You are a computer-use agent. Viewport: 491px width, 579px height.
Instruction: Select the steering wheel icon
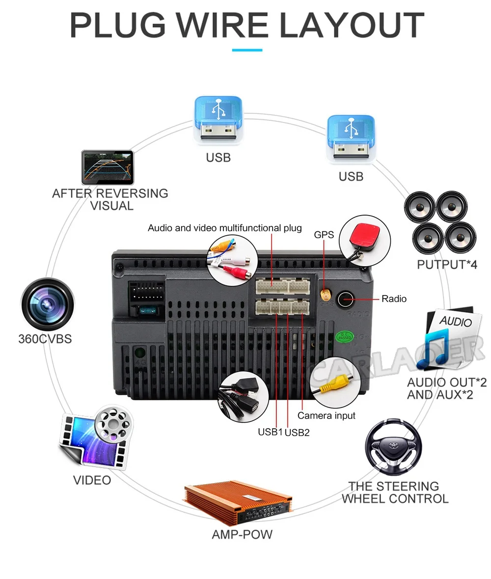[393, 447]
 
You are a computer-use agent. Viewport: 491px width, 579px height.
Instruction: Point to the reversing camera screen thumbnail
[108, 167]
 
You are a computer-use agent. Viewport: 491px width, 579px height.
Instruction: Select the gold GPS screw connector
[325, 295]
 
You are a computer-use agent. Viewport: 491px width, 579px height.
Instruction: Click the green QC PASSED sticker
[344, 337]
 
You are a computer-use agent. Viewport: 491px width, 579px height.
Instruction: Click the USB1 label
[270, 432]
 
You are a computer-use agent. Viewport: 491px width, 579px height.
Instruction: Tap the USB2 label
[297, 432]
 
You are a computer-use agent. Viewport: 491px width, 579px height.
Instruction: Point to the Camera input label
[326, 415]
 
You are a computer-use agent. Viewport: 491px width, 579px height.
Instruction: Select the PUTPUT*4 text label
[447, 264]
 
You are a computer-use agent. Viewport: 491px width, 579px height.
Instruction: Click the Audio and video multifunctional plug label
[225, 228]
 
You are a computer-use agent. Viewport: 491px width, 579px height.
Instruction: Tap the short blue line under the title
[247, 50]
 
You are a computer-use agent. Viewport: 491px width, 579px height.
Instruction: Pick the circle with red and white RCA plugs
[232, 258]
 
